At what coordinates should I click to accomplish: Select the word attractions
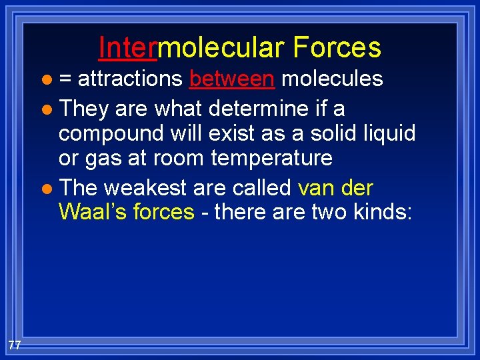pyautogui.click(x=130, y=79)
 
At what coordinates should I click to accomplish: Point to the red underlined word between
pyautogui.click(x=231, y=79)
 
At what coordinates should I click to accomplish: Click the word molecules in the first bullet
pyautogui.click(x=331, y=79)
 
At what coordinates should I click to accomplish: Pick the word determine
pyautogui.click(x=248, y=107)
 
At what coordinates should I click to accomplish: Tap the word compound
pyautogui.click(x=107, y=134)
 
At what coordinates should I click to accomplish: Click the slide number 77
pyautogui.click(x=15, y=344)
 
